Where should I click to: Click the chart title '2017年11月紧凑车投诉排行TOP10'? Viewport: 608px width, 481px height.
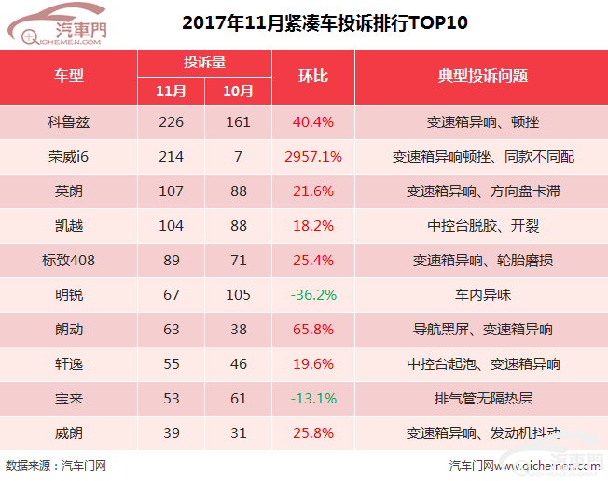(324, 22)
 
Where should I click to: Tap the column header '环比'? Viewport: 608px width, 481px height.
(312, 76)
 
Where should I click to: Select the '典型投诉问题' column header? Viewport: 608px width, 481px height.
(482, 76)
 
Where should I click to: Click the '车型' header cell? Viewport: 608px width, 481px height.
(69, 76)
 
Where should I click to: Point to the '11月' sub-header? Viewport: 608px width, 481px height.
(171, 91)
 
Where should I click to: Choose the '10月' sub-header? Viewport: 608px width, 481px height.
(238, 91)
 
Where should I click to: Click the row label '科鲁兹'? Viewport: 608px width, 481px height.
(69, 122)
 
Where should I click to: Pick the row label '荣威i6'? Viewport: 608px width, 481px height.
(69, 157)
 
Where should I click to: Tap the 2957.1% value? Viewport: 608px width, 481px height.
(312, 157)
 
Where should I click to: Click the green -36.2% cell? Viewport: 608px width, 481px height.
(312, 295)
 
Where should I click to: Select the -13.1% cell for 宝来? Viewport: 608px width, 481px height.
(312, 399)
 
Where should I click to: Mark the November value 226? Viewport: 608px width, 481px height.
(171, 122)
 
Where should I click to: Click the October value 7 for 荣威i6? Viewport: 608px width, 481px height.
(238, 157)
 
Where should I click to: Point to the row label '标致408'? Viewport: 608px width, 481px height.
(69, 261)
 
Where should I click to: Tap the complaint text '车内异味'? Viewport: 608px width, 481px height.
(482, 295)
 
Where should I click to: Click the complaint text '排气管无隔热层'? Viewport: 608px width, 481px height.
(482, 399)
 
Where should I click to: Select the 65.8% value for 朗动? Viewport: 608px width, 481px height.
(312, 330)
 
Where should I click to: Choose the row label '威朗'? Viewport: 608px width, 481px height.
(69, 433)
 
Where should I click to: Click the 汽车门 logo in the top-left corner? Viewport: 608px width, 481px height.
(65, 28)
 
